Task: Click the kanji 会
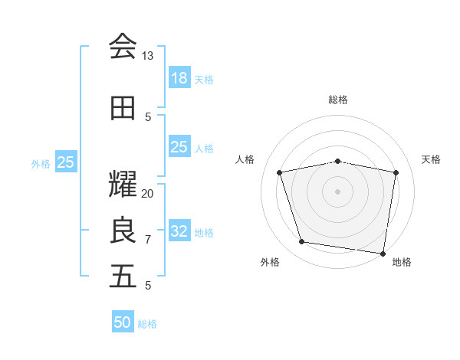pyautogui.click(x=123, y=46)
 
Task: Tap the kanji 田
pyautogui.click(x=123, y=108)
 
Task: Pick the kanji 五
pyautogui.click(x=123, y=276)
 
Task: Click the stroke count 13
pyautogui.click(x=147, y=56)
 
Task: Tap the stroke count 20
pyautogui.click(x=147, y=193)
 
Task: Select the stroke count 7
pyautogui.click(x=148, y=240)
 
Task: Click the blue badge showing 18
pyautogui.click(x=179, y=77)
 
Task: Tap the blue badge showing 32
pyautogui.click(x=179, y=231)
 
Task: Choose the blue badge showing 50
pyautogui.click(x=123, y=322)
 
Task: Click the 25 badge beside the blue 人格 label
pyautogui.click(x=179, y=147)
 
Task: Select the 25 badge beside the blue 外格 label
pyautogui.click(x=66, y=162)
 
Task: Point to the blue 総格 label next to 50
pyautogui.click(x=147, y=324)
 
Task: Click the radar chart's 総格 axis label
pyautogui.click(x=338, y=100)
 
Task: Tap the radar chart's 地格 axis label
pyautogui.click(x=402, y=262)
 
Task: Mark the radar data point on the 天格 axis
pyautogui.click(x=396, y=172)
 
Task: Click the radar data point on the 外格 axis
pyautogui.click(x=302, y=242)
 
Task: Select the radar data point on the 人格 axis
pyautogui.click(x=280, y=172)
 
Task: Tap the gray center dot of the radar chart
pyautogui.click(x=338, y=191)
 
